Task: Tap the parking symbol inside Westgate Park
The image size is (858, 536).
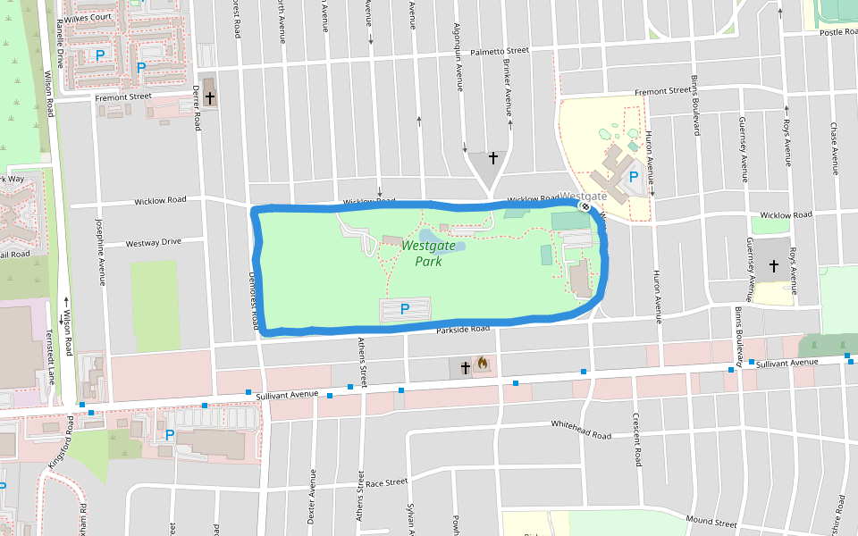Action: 404,309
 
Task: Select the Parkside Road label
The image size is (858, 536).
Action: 464,330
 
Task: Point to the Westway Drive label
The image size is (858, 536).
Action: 153,242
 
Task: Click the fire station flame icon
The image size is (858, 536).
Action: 483,364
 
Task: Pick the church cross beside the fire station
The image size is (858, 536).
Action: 465,366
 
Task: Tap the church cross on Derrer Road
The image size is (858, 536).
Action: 209,97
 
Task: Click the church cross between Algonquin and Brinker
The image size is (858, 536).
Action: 492,158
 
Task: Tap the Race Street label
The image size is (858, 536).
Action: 386,482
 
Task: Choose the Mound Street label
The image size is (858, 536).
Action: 711,521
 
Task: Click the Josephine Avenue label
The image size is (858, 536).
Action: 101,253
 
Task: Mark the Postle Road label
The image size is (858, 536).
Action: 838,32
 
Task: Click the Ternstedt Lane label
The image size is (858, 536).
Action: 50,356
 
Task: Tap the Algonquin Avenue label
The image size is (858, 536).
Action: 458,57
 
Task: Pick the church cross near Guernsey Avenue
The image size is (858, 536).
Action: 773,266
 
